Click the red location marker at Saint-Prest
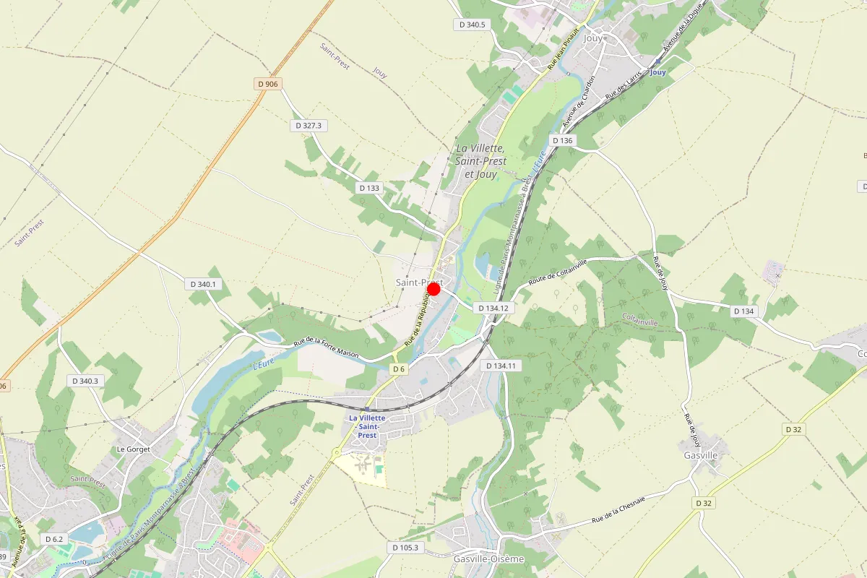pos(433,289)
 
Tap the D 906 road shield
pos(267,84)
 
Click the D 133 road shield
pos(368,188)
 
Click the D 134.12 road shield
pos(495,308)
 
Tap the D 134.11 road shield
pos(504,366)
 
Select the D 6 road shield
pos(398,369)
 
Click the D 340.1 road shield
pos(203,284)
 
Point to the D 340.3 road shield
pos(85,381)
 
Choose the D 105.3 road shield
pos(405,548)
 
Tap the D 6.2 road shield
pos(54,539)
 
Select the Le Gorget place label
pos(133,449)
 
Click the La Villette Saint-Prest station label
pos(367,426)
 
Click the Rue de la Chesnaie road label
pos(618,509)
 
